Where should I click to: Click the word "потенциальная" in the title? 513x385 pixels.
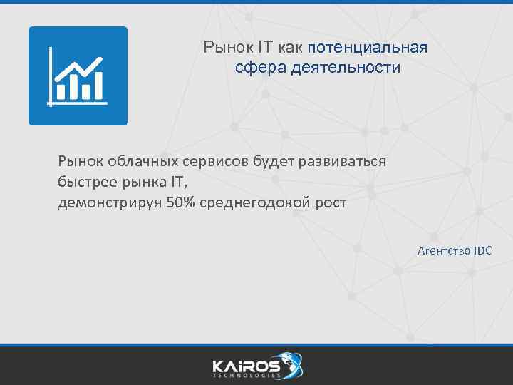point(368,48)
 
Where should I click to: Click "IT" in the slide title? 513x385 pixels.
point(265,48)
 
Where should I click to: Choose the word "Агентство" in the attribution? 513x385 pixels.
point(444,250)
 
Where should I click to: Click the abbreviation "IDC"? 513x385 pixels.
point(483,250)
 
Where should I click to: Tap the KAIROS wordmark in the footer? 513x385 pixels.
point(246,365)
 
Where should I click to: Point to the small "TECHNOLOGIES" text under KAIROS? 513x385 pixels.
point(246,376)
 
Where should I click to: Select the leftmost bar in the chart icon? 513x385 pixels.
point(61,91)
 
